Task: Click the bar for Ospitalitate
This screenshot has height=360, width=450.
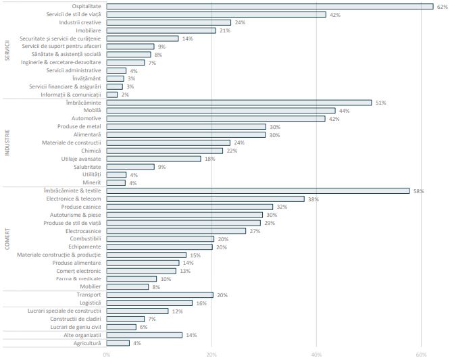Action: [x=270, y=6]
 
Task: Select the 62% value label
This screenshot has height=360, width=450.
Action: [x=441, y=6]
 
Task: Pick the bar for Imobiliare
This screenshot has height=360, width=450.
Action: [x=161, y=30]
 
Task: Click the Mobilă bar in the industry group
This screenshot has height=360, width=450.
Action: [x=220, y=110]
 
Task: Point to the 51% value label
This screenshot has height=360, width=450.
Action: [x=380, y=103]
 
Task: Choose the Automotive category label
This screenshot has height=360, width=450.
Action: [x=86, y=118]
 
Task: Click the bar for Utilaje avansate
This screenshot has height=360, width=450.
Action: [x=153, y=159]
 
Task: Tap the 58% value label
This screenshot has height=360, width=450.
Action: [x=418, y=191]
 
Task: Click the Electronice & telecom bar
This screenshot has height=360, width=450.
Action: [x=205, y=199]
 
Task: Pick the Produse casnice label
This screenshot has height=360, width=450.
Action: [x=81, y=207]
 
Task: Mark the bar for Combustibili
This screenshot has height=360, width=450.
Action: [x=160, y=239]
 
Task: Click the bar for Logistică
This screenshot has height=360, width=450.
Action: [x=149, y=303]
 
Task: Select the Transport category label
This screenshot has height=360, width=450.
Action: [x=89, y=295]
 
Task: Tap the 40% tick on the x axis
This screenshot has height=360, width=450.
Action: [x=316, y=355]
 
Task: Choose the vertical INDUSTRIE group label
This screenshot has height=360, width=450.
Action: [x=7, y=142]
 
